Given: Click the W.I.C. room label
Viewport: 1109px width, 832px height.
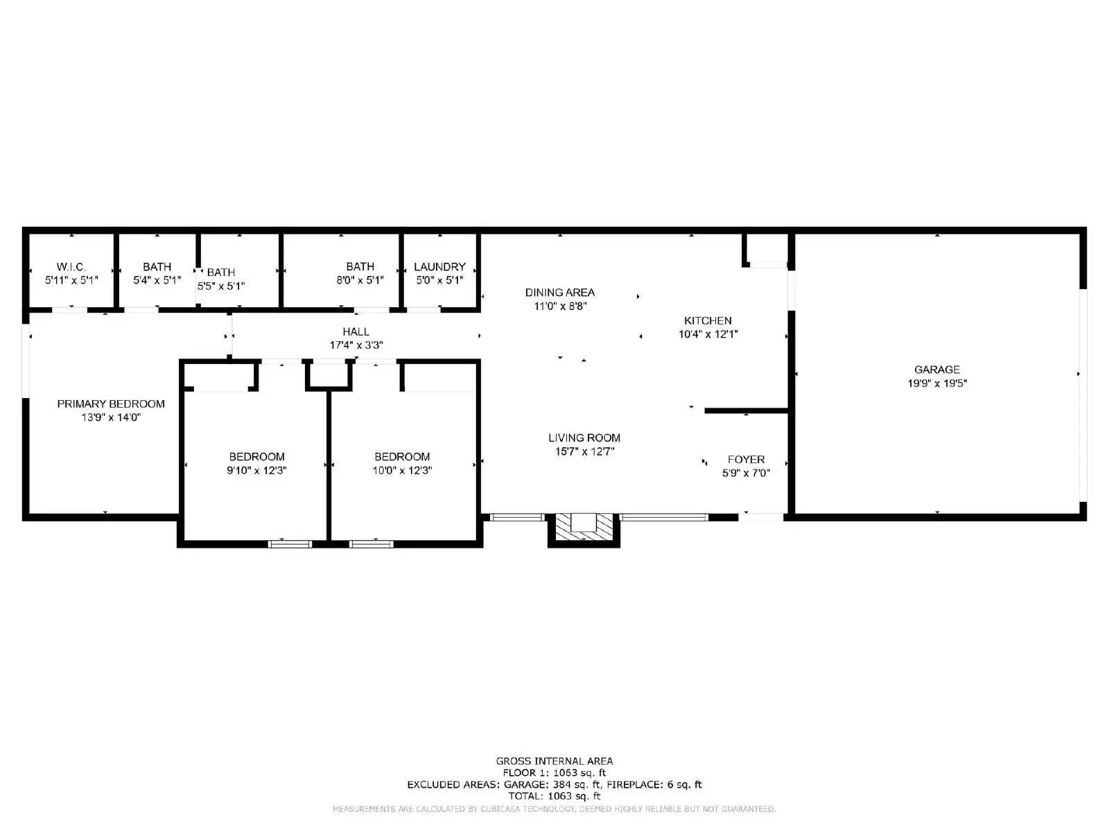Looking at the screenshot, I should pyautogui.click(x=71, y=267).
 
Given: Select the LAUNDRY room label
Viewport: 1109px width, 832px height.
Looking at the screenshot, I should pyautogui.click(x=439, y=267).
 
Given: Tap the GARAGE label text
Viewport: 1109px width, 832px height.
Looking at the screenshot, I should pyautogui.click(x=937, y=370).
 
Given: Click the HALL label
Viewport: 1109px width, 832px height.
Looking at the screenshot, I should pyautogui.click(x=356, y=331).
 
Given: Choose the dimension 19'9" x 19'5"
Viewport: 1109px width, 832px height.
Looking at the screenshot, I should pyautogui.click(x=937, y=383).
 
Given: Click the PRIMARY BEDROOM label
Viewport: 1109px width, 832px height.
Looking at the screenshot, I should pyautogui.click(x=111, y=404).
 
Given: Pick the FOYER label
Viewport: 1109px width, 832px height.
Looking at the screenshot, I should pyautogui.click(x=746, y=459).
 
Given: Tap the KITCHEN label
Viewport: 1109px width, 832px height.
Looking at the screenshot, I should pyautogui.click(x=708, y=320).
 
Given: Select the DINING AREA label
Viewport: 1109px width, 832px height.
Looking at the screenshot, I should pyautogui.click(x=559, y=293).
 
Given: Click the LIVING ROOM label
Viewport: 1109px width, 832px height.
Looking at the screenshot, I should pyautogui.click(x=584, y=437).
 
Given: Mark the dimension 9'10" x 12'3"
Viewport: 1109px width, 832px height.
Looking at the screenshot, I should pyautogui.click(x=256, y=470).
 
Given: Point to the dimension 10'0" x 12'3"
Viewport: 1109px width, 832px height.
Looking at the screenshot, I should pyautogui.click(x=402, y=470).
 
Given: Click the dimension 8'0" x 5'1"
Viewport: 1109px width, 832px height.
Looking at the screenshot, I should pyautogui.click(x=360, y=280).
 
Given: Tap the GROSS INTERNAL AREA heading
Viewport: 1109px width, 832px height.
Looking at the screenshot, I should pyautogui.click(x=554, y=761).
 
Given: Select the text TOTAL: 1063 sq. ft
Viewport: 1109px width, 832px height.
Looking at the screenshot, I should pyautogui.click(x=554, y=796).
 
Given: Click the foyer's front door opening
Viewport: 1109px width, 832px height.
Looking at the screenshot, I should pyautogui.click(x=763, y=517).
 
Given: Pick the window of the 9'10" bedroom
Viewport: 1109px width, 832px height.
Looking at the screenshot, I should pyautogui.click(x=290, y=544).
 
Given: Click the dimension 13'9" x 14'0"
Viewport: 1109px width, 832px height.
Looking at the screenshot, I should pyautogui.click(x=111, y=417).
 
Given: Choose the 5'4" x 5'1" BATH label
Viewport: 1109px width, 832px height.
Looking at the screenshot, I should pyautogui.click(x=157, y=267).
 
